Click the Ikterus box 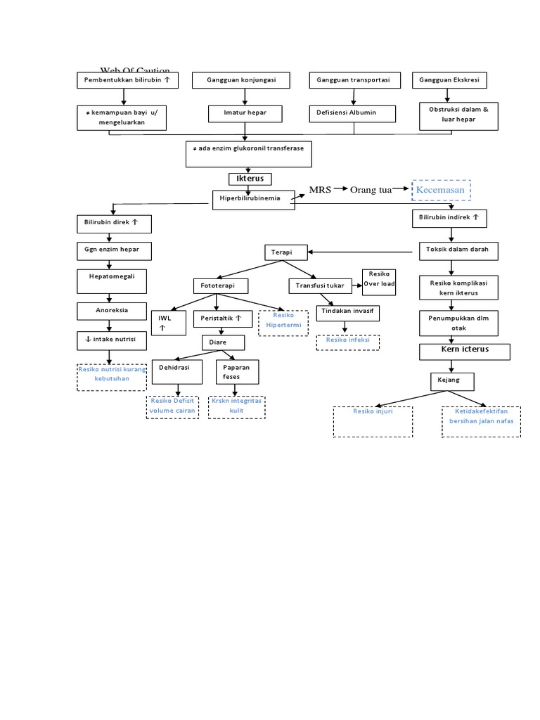click(250, 179)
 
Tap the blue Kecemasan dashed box click(441, 190)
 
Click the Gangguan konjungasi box click(241, 81)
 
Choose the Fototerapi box click(217, 286)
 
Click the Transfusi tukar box click(321, 286)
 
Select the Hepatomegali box click(112, 281)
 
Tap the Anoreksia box click(112, 310)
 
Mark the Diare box click(223, 342)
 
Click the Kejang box click(453, 380)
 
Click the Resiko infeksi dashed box click(347, 342)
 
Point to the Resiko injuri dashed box click(373, 420)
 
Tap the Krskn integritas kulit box click(236, 406)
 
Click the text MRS click(320, 190)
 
